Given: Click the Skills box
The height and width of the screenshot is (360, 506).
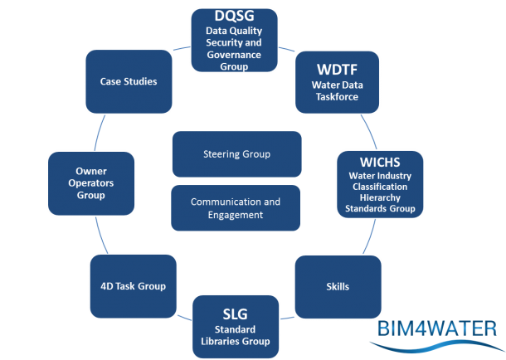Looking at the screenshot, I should tap(338, 287).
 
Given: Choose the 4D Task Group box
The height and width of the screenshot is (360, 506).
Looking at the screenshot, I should tap(127, 287).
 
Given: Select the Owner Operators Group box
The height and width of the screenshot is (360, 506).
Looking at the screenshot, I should tap(90, 183).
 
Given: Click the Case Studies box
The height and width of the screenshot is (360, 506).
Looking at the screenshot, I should tap(129, 81).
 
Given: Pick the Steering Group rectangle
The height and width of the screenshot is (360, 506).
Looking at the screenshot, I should tap(236, 154).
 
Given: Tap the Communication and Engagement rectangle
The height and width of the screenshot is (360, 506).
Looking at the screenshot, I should tap(236, 208).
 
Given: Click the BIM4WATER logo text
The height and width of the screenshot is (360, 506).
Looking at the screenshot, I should tap(435, 328).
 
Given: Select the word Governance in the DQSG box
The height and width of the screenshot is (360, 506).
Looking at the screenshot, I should tap(233, 56).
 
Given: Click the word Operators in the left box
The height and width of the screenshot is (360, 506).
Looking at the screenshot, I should tap(90, 183).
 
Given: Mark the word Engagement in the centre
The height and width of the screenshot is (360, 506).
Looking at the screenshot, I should tap(236, 216).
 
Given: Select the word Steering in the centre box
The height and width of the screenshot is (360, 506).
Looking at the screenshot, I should tap(221, 154).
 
